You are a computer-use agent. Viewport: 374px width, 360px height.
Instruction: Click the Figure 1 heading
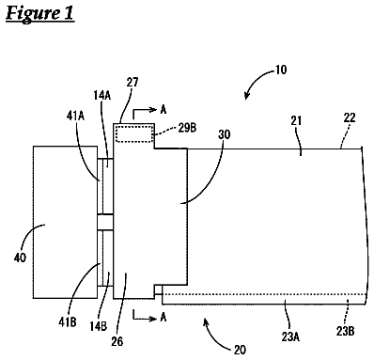(39, 14)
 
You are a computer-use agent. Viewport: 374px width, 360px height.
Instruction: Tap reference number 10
(281, 70)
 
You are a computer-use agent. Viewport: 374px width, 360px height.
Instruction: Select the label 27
(132, 83)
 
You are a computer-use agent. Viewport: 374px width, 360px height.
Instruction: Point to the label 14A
(101, 95)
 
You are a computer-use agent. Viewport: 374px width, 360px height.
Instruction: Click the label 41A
(75, 117)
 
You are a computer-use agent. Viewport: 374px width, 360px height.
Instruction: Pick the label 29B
(187, 128)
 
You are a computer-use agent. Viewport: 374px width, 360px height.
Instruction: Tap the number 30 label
(224, 134)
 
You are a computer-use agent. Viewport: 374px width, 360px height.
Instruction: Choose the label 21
(296, 120)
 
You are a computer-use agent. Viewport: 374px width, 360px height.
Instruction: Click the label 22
(350, 117)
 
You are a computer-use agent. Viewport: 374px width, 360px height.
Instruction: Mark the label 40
(20, 258)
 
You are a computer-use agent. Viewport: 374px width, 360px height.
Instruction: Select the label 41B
(68, 322)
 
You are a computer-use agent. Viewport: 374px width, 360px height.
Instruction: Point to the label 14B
(99, 326)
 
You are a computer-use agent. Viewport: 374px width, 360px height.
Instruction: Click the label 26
(117, 341)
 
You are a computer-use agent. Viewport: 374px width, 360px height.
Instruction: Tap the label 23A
(289, 337)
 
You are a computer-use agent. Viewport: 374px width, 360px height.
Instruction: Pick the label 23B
(345, 331)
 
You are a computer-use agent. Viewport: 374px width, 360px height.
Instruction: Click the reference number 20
(240, 350)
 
